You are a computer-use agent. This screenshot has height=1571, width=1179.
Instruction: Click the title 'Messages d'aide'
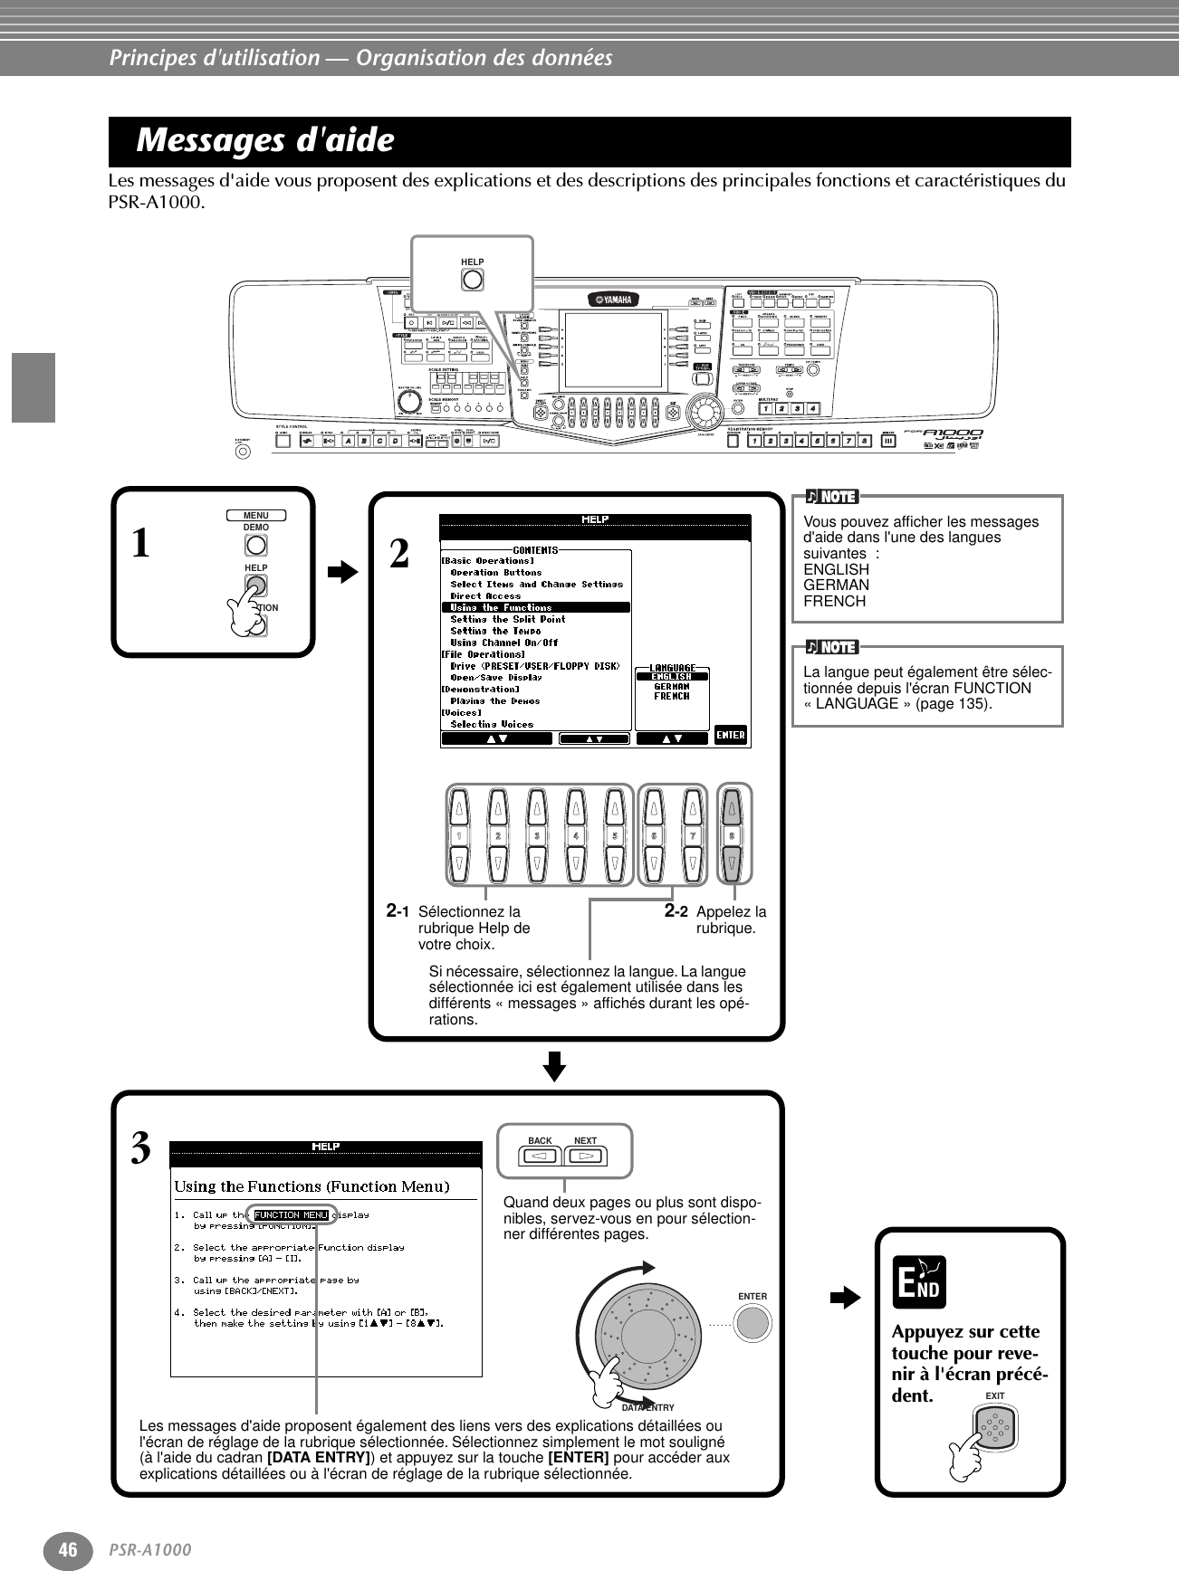click(x=265, y=141)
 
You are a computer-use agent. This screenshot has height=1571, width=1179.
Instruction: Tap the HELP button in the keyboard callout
click(x=472, y=279)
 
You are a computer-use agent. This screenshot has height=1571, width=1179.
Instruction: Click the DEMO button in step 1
click(x=255, y=545)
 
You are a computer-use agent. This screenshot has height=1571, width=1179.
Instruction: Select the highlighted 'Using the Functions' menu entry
click(x=536, y=607)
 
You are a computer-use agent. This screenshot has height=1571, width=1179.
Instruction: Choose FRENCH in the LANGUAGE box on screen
click(x=671, y=697)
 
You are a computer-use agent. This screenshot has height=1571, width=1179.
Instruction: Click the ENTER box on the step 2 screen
click(x=731, y=735)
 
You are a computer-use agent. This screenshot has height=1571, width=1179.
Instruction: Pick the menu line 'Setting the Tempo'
click(x=495, y=631)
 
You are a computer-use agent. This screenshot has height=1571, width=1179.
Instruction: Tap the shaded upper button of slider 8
click(x=732, y=806)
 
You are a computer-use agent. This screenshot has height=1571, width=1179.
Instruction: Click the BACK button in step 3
click(x=540, y=1156)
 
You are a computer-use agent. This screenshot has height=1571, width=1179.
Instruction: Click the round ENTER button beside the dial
click(x=752, y=1323)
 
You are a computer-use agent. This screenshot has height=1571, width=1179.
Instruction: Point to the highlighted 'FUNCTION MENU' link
click(x=291, y=1214)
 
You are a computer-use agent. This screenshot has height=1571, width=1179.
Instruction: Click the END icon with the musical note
click(x=918, y=1282)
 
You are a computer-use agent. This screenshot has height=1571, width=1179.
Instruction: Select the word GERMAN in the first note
click(x=836, y=585)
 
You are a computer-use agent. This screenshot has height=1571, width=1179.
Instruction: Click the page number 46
click(x=68, y=1549)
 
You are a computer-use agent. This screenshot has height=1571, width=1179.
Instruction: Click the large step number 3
click(x=140, y=1149)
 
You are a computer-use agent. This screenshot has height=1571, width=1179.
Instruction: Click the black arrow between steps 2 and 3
click(x=555, y=1066)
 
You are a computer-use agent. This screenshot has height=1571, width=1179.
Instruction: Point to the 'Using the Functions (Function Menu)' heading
click(x=312, y=1186)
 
